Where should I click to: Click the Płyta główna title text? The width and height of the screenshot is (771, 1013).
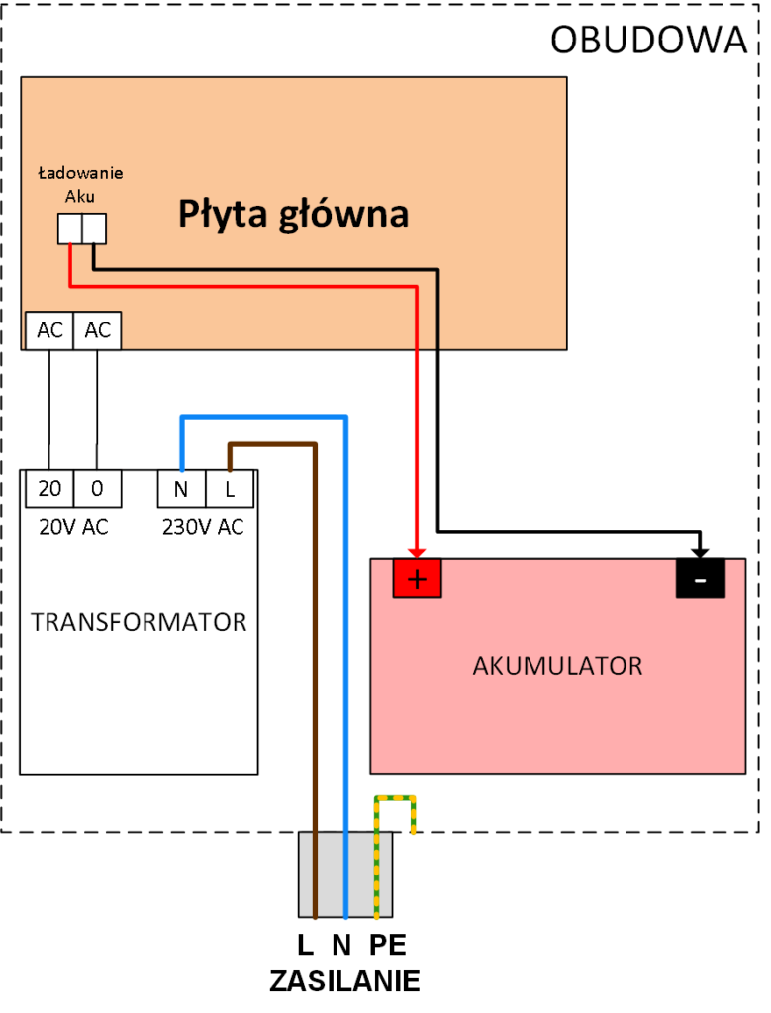click(293, 213)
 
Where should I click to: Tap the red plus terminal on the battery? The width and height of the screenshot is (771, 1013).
click(418, 579)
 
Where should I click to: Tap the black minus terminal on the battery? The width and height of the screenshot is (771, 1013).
click(700, 579)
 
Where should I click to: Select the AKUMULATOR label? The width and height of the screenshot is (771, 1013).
click(557, 665)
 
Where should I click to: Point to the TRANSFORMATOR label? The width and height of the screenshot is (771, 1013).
click(139, 622)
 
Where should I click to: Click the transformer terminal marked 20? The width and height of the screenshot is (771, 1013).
click(48, 488)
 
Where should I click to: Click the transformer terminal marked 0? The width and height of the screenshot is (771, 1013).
click(97, 488)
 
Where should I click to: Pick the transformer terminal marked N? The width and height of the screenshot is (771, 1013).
click(181, 488)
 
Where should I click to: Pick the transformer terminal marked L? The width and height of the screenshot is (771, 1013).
click(230, 488)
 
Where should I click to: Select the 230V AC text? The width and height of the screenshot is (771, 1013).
click(202, 527)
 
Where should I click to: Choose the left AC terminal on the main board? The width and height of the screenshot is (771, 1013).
click(48, 331)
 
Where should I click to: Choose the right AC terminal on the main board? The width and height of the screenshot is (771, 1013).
click(97, 331)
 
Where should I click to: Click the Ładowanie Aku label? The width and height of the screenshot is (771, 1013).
click(80, 185)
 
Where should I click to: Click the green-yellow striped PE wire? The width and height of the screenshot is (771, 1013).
click(376, 861)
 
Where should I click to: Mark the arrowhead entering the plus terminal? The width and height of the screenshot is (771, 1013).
click(418, 551)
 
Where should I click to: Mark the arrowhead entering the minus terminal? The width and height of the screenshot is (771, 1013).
click(700, 551)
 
